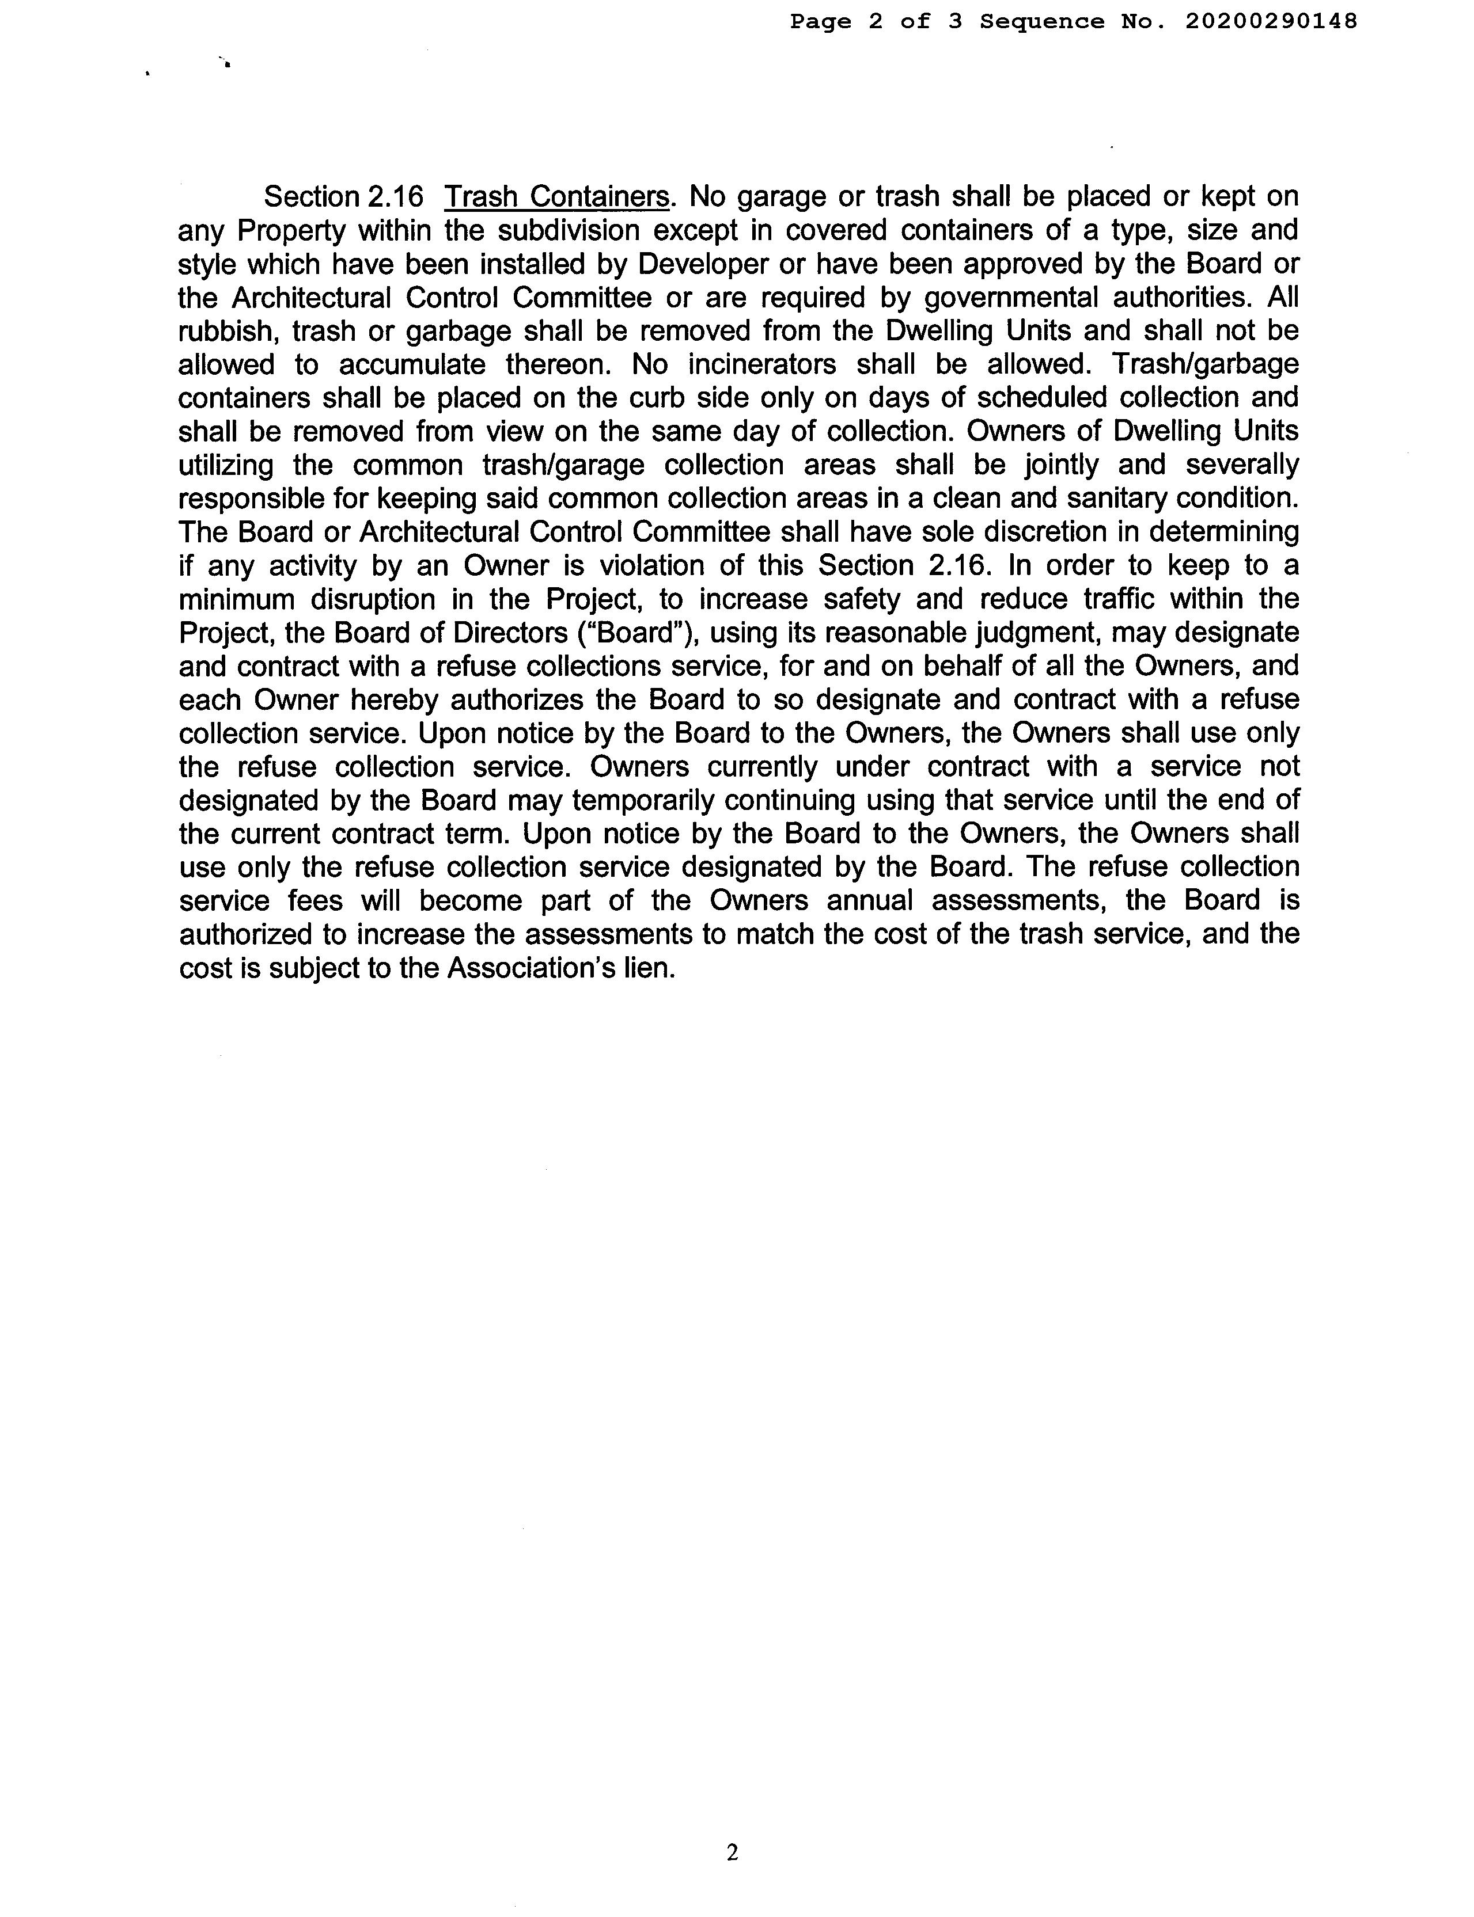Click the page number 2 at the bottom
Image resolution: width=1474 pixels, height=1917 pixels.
coord(733,1852)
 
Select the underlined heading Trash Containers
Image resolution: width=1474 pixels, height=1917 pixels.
coord(557,196)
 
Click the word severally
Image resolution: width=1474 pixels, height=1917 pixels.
coord(1241,465)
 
